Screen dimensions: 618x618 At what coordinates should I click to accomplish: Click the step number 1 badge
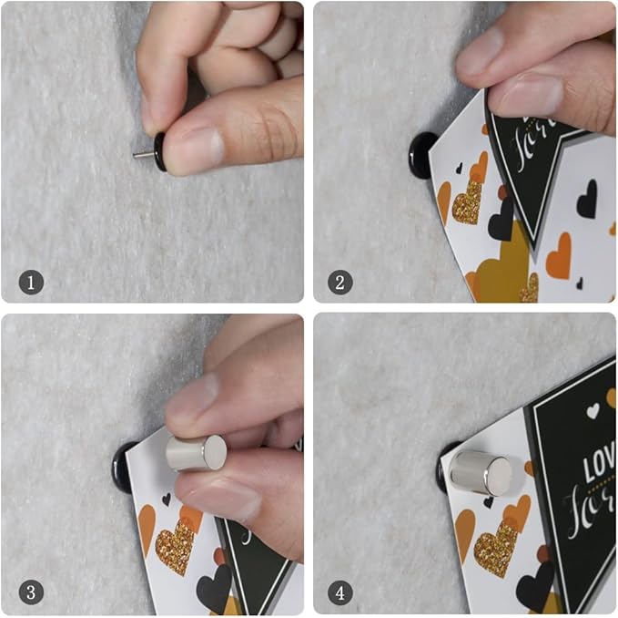32,283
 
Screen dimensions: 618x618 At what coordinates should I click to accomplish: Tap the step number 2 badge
339,283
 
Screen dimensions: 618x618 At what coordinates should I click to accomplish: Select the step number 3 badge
32,592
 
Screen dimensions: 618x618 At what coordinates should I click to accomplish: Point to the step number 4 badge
339,592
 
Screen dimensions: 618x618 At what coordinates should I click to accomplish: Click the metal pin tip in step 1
142,155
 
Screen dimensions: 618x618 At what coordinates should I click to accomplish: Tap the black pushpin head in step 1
160,151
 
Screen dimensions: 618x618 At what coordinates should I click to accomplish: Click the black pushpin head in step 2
423,156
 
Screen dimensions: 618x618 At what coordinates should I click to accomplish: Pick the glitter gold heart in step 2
468,201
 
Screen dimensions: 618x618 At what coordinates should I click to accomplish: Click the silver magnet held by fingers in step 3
196,452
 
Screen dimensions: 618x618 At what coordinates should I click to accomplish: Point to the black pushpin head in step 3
126,467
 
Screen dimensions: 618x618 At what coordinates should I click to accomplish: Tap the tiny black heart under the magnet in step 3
166,499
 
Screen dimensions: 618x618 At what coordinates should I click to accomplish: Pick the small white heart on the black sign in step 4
593,411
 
